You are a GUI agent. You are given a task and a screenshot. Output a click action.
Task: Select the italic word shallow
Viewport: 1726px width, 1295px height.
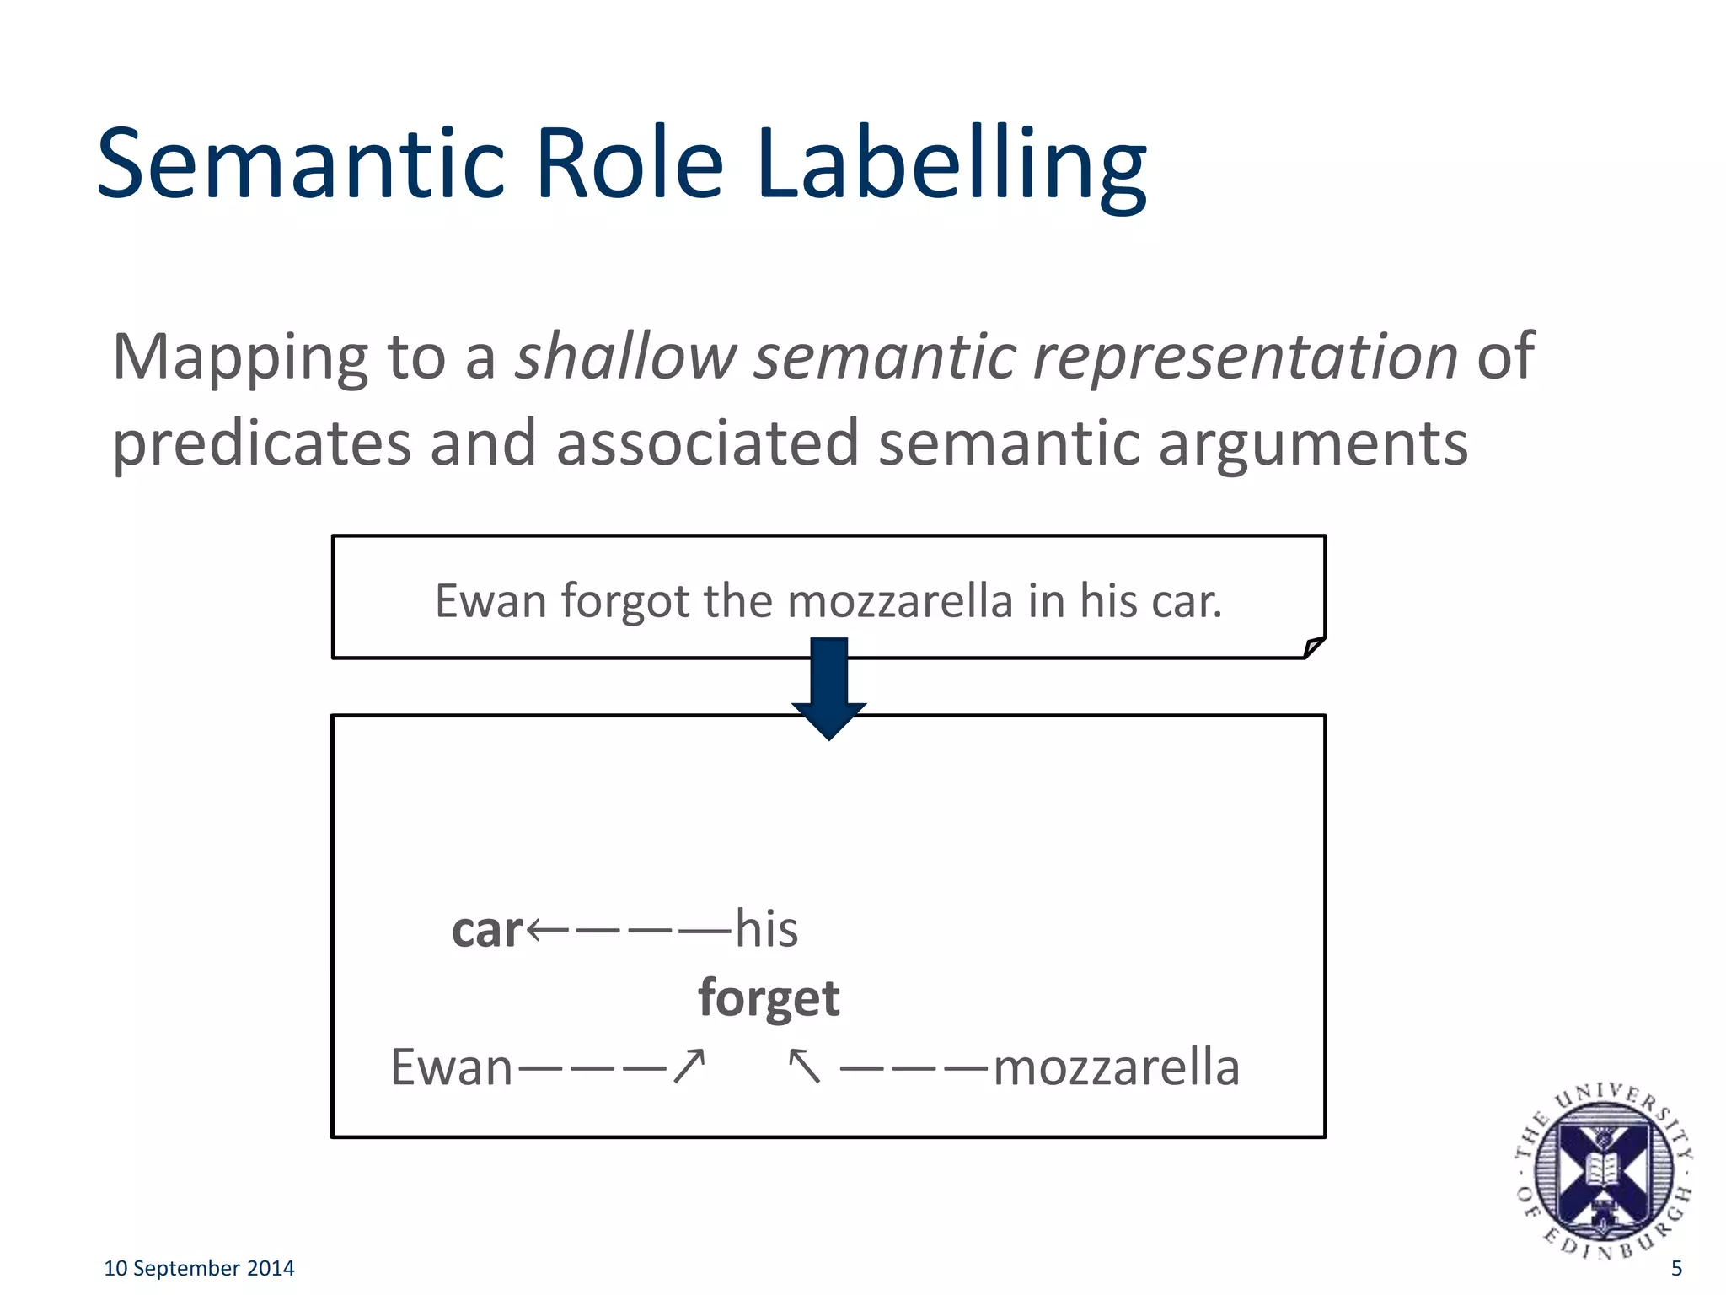[x=626, y=357]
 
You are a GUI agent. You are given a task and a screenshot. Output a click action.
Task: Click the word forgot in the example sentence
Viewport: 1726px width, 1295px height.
[x=624, y=602]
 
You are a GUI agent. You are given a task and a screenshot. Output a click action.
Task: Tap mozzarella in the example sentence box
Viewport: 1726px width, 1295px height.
[x=899, y=602]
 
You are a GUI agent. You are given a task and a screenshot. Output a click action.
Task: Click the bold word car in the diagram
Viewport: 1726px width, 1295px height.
[x=487, y=930]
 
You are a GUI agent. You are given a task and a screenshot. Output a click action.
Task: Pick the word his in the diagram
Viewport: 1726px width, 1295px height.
[x=766, y=929]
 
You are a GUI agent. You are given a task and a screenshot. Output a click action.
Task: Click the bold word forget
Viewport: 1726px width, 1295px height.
[x=769, y=998]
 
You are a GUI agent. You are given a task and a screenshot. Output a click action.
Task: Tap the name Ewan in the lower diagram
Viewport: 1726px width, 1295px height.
[x=451, y=1067]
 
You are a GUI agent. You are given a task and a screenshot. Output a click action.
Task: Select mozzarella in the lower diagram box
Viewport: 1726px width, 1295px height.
[x=1117, y=1067]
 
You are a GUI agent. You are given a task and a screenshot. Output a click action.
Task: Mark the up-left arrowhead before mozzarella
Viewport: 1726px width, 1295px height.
[x=803, y=1066]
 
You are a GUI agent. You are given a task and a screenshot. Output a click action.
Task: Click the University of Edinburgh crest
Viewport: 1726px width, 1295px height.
[x=1603, y=1171]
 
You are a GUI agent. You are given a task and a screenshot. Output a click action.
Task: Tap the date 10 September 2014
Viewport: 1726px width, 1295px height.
[x=199, y=1268]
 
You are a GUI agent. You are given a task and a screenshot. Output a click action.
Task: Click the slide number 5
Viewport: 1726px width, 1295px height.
[x=1676, y=1268]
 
